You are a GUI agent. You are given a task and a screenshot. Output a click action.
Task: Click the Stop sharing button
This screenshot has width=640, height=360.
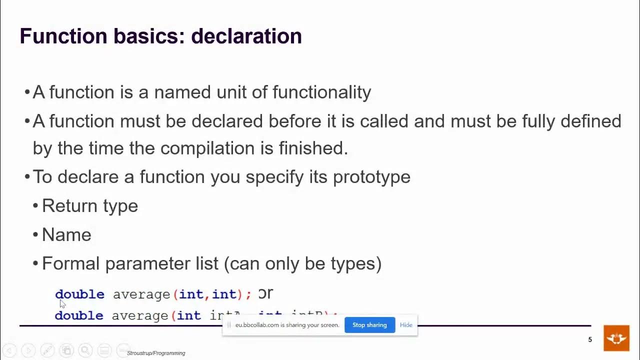pyautogui.click(x=369, y=325)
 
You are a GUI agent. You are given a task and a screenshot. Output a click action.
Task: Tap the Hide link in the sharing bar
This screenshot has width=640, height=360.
pyautogui.click(x=406, y=325)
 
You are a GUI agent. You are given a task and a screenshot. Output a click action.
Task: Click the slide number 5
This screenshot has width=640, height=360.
pyautogui.click(x=590, y=340)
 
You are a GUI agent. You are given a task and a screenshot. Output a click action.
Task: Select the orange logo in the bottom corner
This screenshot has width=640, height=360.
pyautogui.click(x=616, y=338)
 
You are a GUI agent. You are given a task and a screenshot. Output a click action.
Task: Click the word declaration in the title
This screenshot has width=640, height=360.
pyautogui.click(x=246, y=36)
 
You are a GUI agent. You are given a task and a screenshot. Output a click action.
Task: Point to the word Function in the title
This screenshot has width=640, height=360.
pyautogui.click(x=63, y=36)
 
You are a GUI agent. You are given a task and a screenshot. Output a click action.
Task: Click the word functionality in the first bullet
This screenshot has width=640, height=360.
pyautogui.click(x=321, y=92)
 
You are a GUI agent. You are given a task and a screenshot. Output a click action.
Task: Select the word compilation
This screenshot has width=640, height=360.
pyautogui.click(x=207, y=148)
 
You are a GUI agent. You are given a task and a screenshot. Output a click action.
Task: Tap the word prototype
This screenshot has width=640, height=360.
pyautogui.click(x=371, y=177)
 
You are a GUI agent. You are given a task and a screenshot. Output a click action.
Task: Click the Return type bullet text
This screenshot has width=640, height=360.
pyautogui.click(x=90, y=206)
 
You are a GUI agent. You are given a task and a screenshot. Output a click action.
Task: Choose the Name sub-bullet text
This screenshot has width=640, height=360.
pyautogui.click(x=66, y=235)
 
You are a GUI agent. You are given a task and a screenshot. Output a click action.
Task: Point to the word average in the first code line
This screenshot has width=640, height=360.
pyautogui.click(x=141, y=294)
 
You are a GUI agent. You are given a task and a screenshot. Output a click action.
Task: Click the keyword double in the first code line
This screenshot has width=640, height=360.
pyautogui.click(x=79, y=294)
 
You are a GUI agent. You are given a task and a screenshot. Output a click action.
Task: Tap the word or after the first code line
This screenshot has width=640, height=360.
pyautogui.click(x=265, y=293)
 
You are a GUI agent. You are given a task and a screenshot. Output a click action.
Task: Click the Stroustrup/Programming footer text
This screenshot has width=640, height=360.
pyautogui.click(x=156, y=353)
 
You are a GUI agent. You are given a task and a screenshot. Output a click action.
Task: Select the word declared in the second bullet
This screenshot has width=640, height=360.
pyautogui.click(x=227, y=121)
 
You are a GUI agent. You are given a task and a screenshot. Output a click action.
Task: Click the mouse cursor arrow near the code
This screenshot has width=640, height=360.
pyautogui.click(x=62, y=303)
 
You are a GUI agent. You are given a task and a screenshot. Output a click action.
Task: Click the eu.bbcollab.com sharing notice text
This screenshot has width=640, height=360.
pyautogui.click(x=287, y=325)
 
